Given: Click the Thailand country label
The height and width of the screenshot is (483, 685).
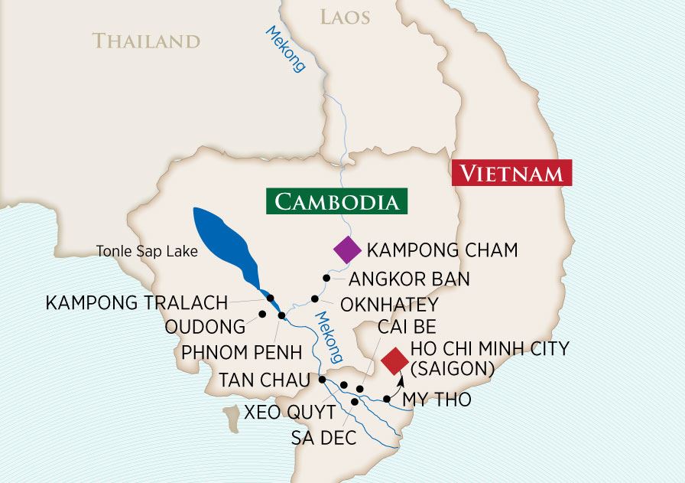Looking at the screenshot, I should (146, 41).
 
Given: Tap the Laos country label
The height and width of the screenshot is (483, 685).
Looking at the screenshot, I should (345, 16).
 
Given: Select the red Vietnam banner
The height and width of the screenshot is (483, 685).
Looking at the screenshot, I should (511, 173).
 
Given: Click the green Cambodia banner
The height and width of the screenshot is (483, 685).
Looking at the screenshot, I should (336, 202).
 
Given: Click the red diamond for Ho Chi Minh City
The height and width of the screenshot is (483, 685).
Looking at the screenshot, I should (394, 361).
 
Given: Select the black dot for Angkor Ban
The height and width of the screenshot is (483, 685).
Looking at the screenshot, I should (326, 278).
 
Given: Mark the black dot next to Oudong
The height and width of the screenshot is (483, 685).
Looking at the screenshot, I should (262, 314).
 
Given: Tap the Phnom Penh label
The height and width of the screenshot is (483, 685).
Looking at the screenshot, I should (242, 353).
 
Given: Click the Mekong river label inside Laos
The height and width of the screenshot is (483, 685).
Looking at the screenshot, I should (286, 49).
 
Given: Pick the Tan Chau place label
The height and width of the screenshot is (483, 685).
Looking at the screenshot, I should (265, 380).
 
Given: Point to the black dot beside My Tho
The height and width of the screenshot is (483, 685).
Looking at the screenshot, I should (387, 399).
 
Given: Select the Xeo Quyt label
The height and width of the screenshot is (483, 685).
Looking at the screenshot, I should (289, 413).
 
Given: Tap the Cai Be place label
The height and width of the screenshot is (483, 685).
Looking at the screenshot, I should (407, 328).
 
